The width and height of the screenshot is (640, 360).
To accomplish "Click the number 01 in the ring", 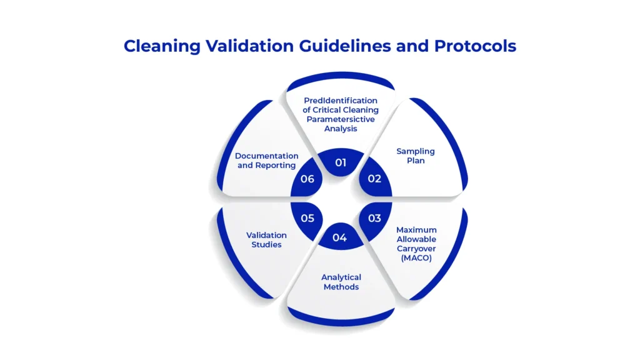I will point(340,162).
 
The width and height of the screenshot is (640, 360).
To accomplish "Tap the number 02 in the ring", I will point(374,179).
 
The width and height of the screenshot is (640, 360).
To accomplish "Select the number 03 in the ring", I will point(374,218).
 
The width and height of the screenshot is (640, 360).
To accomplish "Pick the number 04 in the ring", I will point(339,237).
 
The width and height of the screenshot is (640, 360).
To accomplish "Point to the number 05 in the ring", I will point(306,218).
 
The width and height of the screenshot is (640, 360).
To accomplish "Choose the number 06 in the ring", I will point(306,179).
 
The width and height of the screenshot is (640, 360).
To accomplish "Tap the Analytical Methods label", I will point(341,282).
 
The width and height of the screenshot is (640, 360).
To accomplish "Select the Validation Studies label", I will point(266,239).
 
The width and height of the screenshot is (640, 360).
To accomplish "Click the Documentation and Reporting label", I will point(266,160).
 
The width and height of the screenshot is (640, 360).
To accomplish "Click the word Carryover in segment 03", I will point(416,247).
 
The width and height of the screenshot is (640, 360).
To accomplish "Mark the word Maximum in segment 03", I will point(416,230).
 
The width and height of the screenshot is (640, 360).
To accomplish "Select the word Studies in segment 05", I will point(266,244).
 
